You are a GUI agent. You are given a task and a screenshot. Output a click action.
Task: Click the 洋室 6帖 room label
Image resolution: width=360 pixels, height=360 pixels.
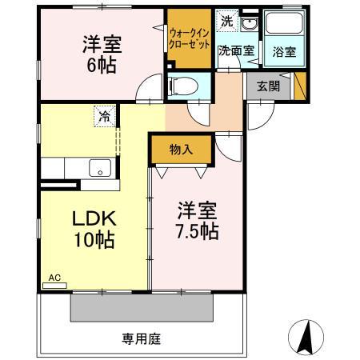tap(100, 54)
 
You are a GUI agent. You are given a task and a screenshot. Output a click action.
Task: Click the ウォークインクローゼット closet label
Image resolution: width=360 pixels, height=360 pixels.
tap(188, 38)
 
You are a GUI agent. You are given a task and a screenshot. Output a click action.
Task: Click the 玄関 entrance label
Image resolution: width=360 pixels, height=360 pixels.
tap(268, 86)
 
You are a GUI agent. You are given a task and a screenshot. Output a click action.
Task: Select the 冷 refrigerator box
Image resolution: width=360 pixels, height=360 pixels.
tap(106, 116)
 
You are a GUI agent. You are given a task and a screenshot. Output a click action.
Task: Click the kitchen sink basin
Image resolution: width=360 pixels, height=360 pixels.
tap(100, 167)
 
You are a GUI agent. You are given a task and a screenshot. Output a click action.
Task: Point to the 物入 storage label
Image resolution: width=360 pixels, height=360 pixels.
tap(181, 148)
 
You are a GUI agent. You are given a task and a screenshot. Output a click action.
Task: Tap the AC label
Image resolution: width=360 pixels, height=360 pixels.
tap(54, 278)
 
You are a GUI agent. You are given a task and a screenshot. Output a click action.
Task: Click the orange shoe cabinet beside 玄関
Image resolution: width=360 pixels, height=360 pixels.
tap(299, 86)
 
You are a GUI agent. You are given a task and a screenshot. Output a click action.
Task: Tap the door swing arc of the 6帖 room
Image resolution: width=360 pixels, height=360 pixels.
tap(146, 90)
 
